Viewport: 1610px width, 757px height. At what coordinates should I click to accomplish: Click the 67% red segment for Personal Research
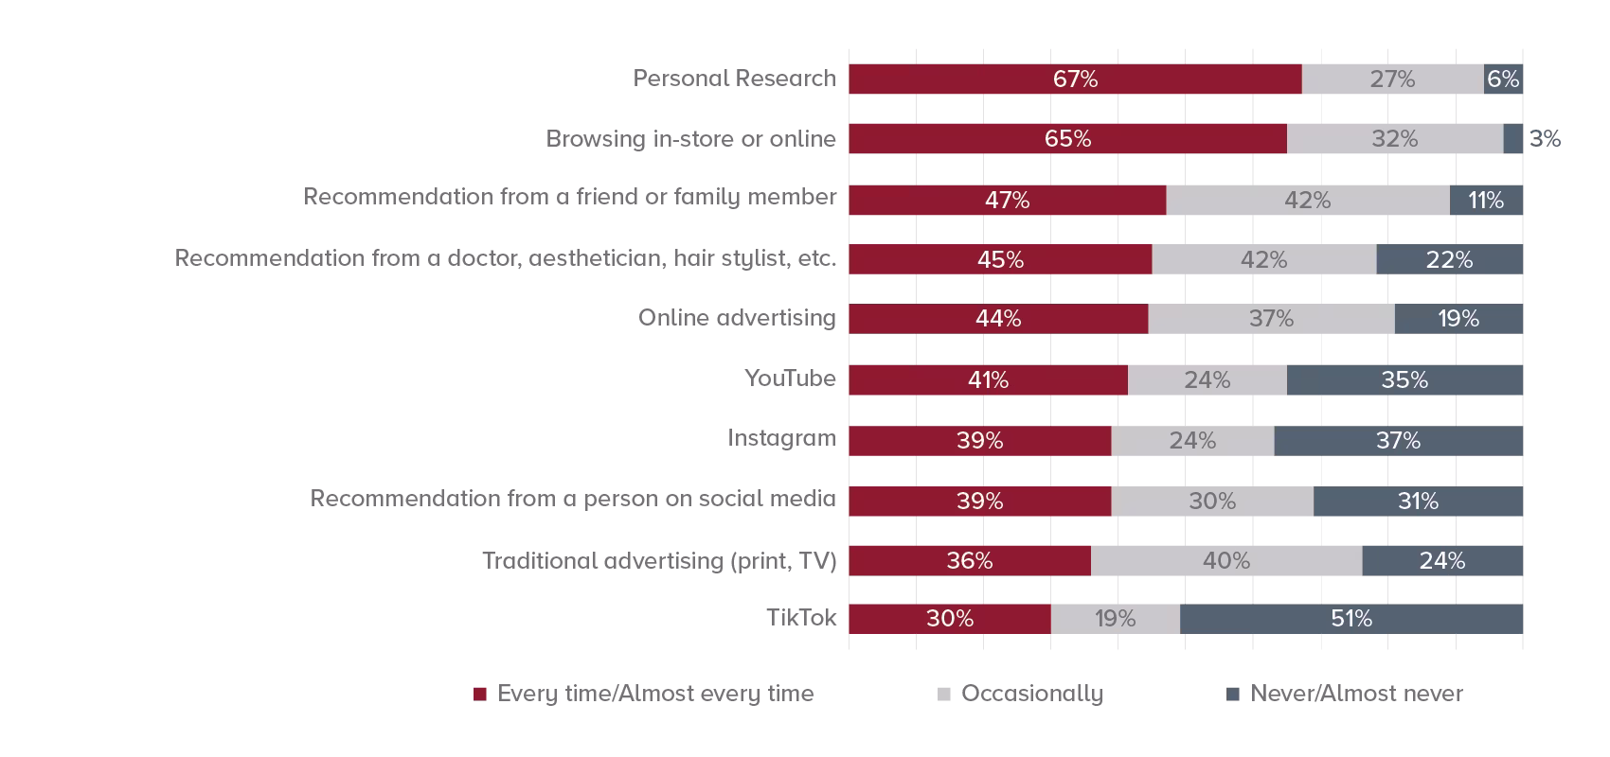pyautogui.click(x=1075, y=79)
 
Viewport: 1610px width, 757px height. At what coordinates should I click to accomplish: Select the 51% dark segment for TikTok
pyautogui.click(x=1351, y=619)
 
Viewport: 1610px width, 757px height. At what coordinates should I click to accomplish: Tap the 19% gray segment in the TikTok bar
pyautogui.click(x=1115, y=619)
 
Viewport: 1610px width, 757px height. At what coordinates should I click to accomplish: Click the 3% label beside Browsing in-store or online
pyautogui.click(x=1545, y=139)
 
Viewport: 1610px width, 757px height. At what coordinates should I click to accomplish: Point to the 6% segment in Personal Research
pyautogui.click(x=1503, y=79)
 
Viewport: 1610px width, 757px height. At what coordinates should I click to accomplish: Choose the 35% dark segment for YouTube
pyautogui.click(x=1404, y=379)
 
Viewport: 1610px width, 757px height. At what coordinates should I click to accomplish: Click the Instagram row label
pyautogui.click(x=781, y=438)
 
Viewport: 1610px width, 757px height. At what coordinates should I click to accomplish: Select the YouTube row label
pyautogui.click(x=790, y=378)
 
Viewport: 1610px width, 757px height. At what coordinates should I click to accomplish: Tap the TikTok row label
pyautogui.click(x=801, y=618)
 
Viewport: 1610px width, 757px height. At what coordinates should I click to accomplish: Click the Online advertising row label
pyautogui.click(x=737, y=318)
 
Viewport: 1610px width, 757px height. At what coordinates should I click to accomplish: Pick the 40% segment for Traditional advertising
pyautogui.click(x=1225, y=561)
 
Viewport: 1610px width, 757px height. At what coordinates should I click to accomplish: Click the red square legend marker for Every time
pyautogui.click(x=480, y=695)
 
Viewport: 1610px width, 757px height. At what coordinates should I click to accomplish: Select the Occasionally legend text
pyautogui.click(x=1031, y=694)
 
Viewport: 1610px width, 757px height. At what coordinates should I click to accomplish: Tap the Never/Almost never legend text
pyautogui.click(x=1356, y=694)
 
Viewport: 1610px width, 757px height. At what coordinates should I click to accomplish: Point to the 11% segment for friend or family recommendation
pyautogui.click(x=1486, y=201)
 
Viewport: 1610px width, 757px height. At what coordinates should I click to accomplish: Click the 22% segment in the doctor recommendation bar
pyautogui.click(x=1449, y=259)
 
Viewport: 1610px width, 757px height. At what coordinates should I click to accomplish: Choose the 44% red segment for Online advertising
pyautogui.click(x=998, y=319)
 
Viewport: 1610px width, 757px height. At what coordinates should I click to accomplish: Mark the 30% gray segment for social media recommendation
pyautogui.click(x=1212, y=501)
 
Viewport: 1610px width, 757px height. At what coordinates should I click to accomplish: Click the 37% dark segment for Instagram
pyautogui.click(x=1398, y=441)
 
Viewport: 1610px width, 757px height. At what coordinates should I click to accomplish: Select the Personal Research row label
pyautogui.click(x=734, y=79)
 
